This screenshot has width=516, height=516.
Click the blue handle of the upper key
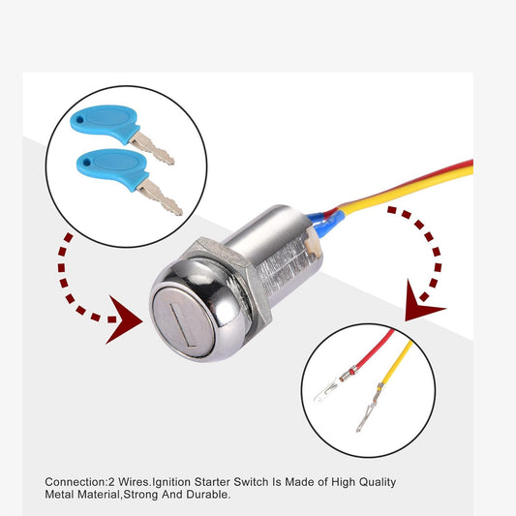(105, 122)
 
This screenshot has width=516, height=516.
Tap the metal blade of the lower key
(160, 197)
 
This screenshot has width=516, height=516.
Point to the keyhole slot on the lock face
(183, 324)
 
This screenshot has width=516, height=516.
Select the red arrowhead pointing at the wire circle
(421, 303)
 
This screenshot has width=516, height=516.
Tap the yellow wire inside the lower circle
(398, 362)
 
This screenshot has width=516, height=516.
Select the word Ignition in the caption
(171, 482)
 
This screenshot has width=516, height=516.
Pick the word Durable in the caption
(208, 495)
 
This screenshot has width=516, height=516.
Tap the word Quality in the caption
(378, 482)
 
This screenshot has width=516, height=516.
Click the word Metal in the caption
(59, 495)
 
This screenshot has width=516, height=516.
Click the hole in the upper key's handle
(79, 119)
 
